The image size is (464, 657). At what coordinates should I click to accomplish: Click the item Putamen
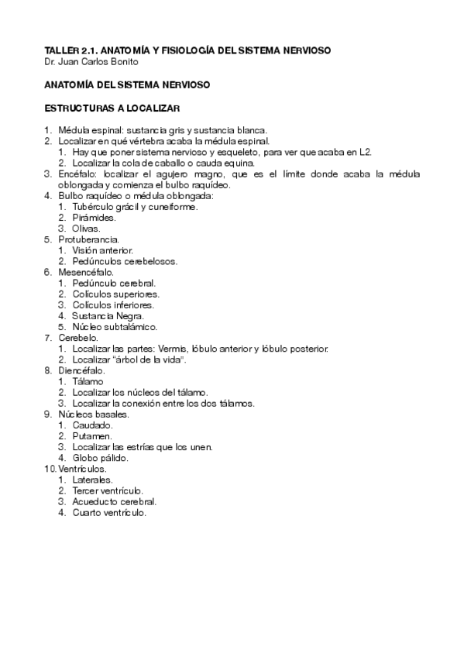pos(92,435)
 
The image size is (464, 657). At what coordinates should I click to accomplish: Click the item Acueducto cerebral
pos(114,501)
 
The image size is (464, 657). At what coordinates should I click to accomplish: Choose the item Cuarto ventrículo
pos(109,512)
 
